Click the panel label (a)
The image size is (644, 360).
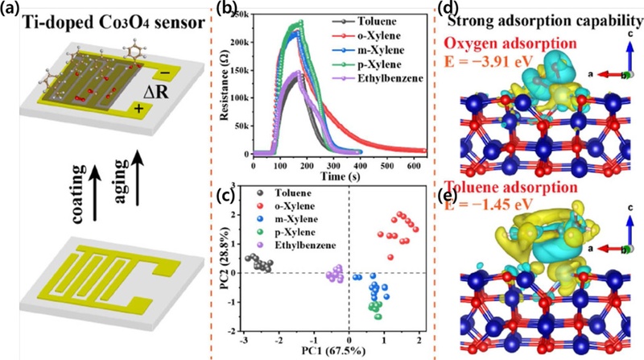tap(10, 9)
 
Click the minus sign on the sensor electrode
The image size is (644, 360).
tap(164, 73)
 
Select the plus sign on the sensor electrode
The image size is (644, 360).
tap(140, 110)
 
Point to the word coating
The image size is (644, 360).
tap(78, 194)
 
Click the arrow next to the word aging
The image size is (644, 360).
tap(138, 178)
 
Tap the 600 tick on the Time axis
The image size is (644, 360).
tap(414, 165)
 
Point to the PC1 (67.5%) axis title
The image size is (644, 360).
tap(333, 351)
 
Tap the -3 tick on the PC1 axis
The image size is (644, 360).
tap(244, 341)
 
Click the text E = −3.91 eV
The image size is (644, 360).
tap(488, 61)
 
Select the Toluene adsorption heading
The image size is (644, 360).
tap(511, 188)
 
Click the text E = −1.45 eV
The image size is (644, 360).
tap(489, 204)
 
